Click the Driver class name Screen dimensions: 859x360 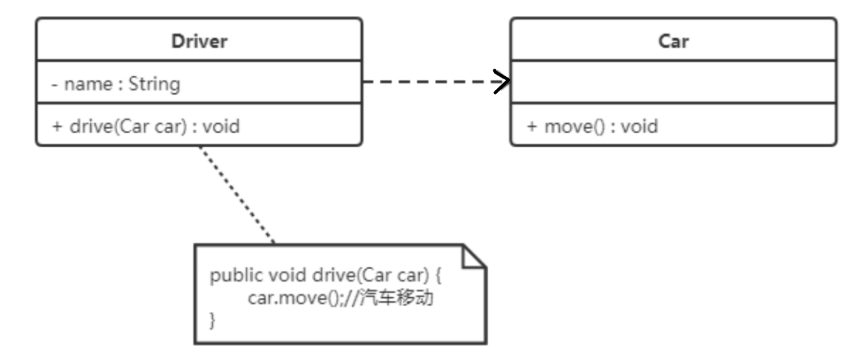[199, 41]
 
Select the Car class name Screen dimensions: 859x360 [674, 41]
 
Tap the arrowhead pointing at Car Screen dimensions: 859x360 [502, 81]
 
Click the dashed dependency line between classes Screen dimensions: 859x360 [436, 81]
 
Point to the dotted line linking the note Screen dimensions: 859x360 [237, 195]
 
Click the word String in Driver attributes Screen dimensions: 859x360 [154, 84]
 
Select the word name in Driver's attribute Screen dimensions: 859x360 [88, 84]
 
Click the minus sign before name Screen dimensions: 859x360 [55, 84]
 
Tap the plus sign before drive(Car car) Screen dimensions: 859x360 [57, 126]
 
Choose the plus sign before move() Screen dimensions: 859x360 [532, 126]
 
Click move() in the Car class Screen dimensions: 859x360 [575, 127]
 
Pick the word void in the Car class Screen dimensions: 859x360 [639, 126]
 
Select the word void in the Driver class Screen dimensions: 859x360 [221, 126]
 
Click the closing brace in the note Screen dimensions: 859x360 [213, 320]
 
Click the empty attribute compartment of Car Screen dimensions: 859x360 [674, 82]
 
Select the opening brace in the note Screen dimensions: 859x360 [439, 276]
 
